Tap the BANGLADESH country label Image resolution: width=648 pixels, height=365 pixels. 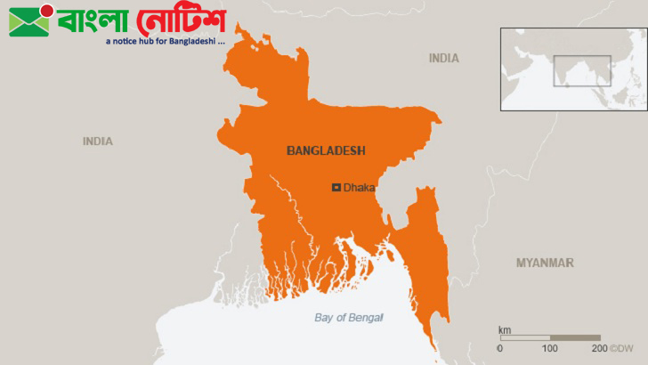326,151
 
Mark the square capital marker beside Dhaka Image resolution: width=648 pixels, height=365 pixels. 336,187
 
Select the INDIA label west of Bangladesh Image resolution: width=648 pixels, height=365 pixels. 98,142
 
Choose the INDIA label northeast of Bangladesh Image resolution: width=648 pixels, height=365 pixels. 444,58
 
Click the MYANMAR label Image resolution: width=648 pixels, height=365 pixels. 545,263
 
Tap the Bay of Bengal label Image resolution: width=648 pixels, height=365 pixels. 349,318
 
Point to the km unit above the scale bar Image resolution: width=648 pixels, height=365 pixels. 505,330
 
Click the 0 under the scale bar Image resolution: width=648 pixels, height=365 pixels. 499,347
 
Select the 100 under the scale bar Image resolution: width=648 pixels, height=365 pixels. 550,347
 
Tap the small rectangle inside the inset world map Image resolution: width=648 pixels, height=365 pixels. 582,70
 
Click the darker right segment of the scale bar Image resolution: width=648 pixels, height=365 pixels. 575,338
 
